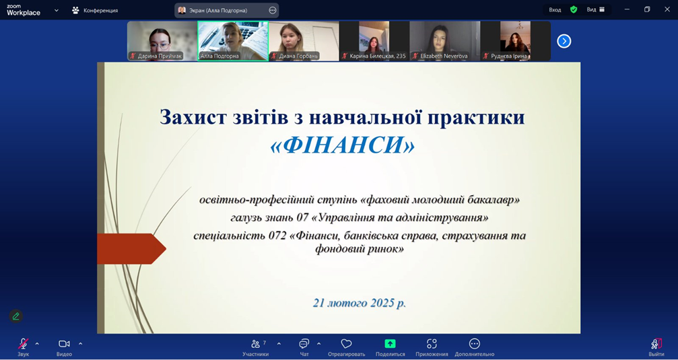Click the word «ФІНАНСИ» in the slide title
[342, 145]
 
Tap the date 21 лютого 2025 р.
[360, 303]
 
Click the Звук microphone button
[24, 344]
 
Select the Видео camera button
[64, 344]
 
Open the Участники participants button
[255, 344]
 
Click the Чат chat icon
[304, 344]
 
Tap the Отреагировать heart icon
[346, 344]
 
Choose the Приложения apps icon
[432, 344]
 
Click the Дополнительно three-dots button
[475, 344]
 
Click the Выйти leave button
[656, 344]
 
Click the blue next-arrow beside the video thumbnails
[564, 41]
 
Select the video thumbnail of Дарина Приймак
[162, 41]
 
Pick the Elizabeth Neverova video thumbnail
[444, 41]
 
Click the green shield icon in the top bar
[574, 9]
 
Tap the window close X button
[667, 9]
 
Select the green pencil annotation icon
[16, 316]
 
